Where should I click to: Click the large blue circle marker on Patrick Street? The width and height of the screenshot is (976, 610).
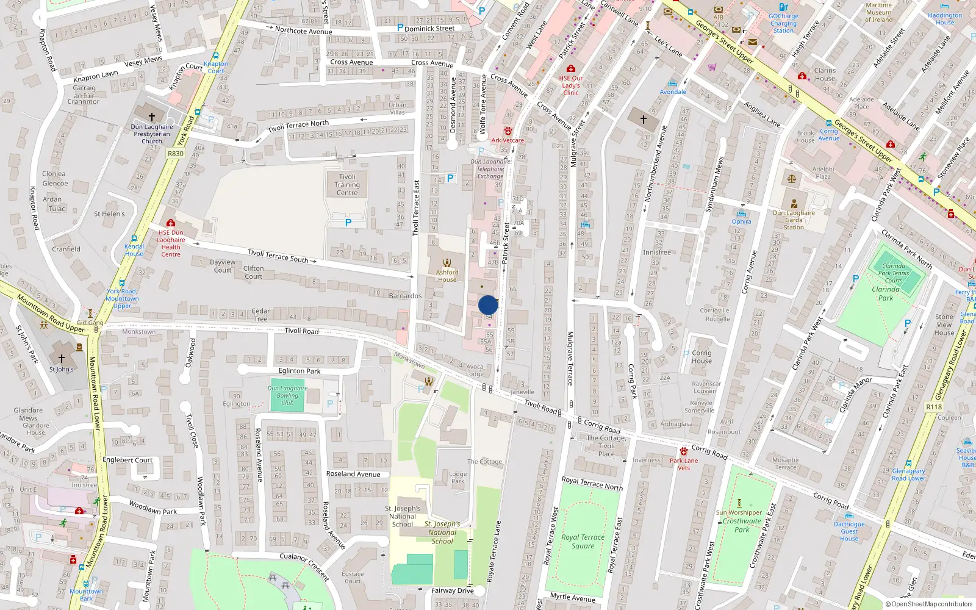[x=488, y=305]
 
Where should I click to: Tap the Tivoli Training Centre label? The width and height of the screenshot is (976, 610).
[x=347, y=185]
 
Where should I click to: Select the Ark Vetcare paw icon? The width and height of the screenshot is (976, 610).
[x=508, y=131]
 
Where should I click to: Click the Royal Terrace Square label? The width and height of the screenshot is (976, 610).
[x=583, y=542]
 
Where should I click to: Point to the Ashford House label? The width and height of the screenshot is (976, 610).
[x=447, y=276]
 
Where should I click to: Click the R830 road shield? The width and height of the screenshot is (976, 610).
[x=176, y=154]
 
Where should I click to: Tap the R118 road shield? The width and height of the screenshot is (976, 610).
[x=934, y=407]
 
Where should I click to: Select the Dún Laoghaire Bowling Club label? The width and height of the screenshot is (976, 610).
[x=287, y=395]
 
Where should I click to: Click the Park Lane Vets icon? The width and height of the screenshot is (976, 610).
[x=684, y=451]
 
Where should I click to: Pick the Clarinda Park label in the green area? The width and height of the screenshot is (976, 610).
[x=886, y=293]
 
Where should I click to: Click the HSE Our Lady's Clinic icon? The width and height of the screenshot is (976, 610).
[x=571, y=69]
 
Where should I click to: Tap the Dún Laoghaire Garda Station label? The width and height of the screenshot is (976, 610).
[x=794, y=220]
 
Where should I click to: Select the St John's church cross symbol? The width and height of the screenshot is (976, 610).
[x=61, y=359]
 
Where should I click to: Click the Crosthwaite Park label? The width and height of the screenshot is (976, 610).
[x=742, y=525]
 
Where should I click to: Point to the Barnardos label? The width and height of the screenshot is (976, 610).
[x=405, y=296]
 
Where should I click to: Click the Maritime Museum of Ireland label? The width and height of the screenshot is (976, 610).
[x=878, y=12]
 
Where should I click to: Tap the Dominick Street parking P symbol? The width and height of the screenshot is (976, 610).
[x=400, y=27]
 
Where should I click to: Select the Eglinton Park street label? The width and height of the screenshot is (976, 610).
[x=300, y=371]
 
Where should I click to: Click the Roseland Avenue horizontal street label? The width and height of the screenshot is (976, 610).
[x=353, y=474]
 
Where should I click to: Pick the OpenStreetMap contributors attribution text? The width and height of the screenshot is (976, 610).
[x=929, y=605]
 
